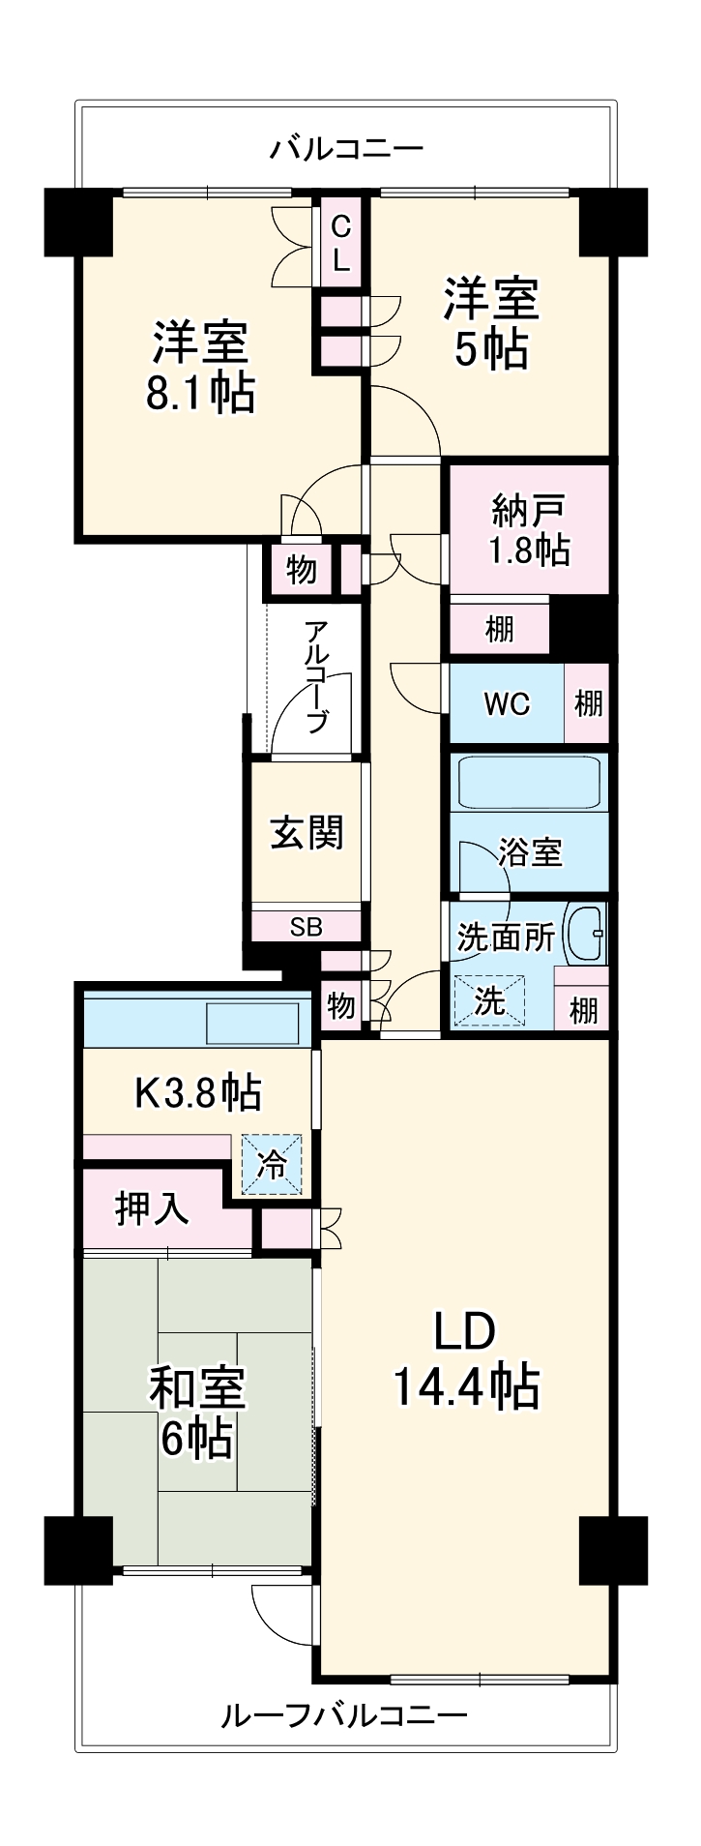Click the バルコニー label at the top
346,149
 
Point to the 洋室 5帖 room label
491,322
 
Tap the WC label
506,704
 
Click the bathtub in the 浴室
529,782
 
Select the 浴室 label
531,852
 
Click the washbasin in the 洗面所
584,934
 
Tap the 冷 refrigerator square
272,1164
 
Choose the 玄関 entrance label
307,833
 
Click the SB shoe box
307,927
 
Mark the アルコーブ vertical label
316,676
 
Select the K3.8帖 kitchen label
197,1093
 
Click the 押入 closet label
152,1208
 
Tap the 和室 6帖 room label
197,1412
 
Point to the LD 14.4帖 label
465,1359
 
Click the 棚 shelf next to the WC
588,703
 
